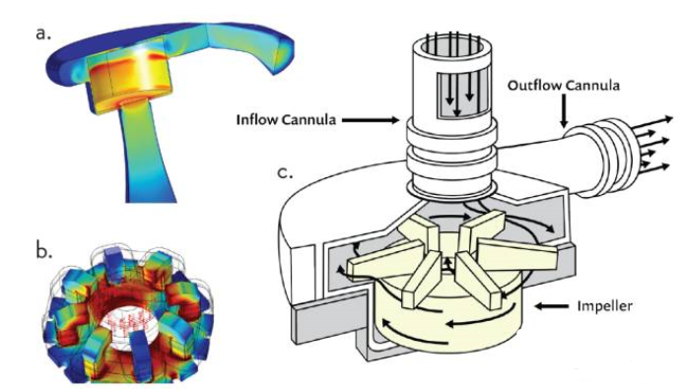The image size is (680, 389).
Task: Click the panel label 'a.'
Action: tap(43, 33)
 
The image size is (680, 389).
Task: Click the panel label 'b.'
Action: tap(44, 251)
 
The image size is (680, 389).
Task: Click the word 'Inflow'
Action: tap(257, 119)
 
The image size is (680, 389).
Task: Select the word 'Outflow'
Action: tap(534, 86)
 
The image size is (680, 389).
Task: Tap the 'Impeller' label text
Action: tap(604, 306)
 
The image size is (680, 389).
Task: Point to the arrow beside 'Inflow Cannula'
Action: tap(371, 120)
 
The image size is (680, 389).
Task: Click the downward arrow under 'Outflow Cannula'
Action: tap(564, 111)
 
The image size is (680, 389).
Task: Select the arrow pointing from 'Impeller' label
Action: tap(552, 306)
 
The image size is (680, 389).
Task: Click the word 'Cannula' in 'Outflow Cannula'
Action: tap(592, 86)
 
